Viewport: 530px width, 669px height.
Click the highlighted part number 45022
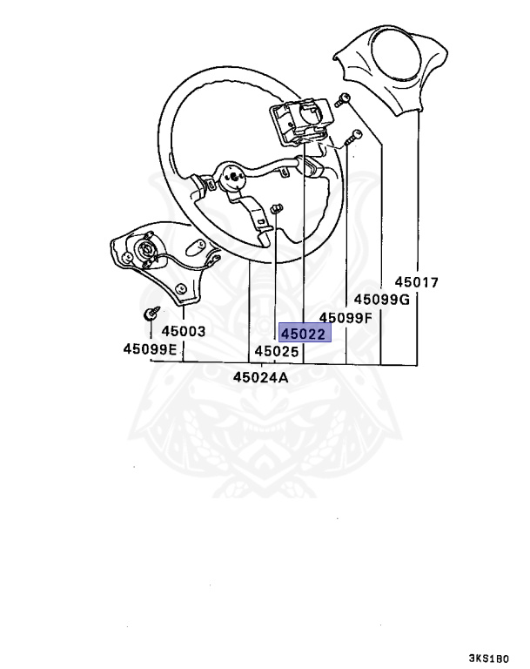tap(303, 334)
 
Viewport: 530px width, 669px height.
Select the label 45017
tap(416, 282)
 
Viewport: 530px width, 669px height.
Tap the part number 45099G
tap(381, 299)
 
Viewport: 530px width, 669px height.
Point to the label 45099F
tap(346, 317)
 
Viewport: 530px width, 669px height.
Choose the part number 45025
tap(277, 352)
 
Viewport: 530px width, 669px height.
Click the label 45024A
tap(260, 377)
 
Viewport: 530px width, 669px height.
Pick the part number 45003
tap(183, 331)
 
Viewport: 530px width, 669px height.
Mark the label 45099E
tap(150, 349)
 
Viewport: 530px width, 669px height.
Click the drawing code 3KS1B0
tap(493, 659)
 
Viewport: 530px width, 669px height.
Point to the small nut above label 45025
tap(277, 208)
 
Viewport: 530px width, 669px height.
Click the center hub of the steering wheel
tap(233, 178)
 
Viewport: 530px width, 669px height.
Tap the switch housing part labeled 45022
tap(299, 125)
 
